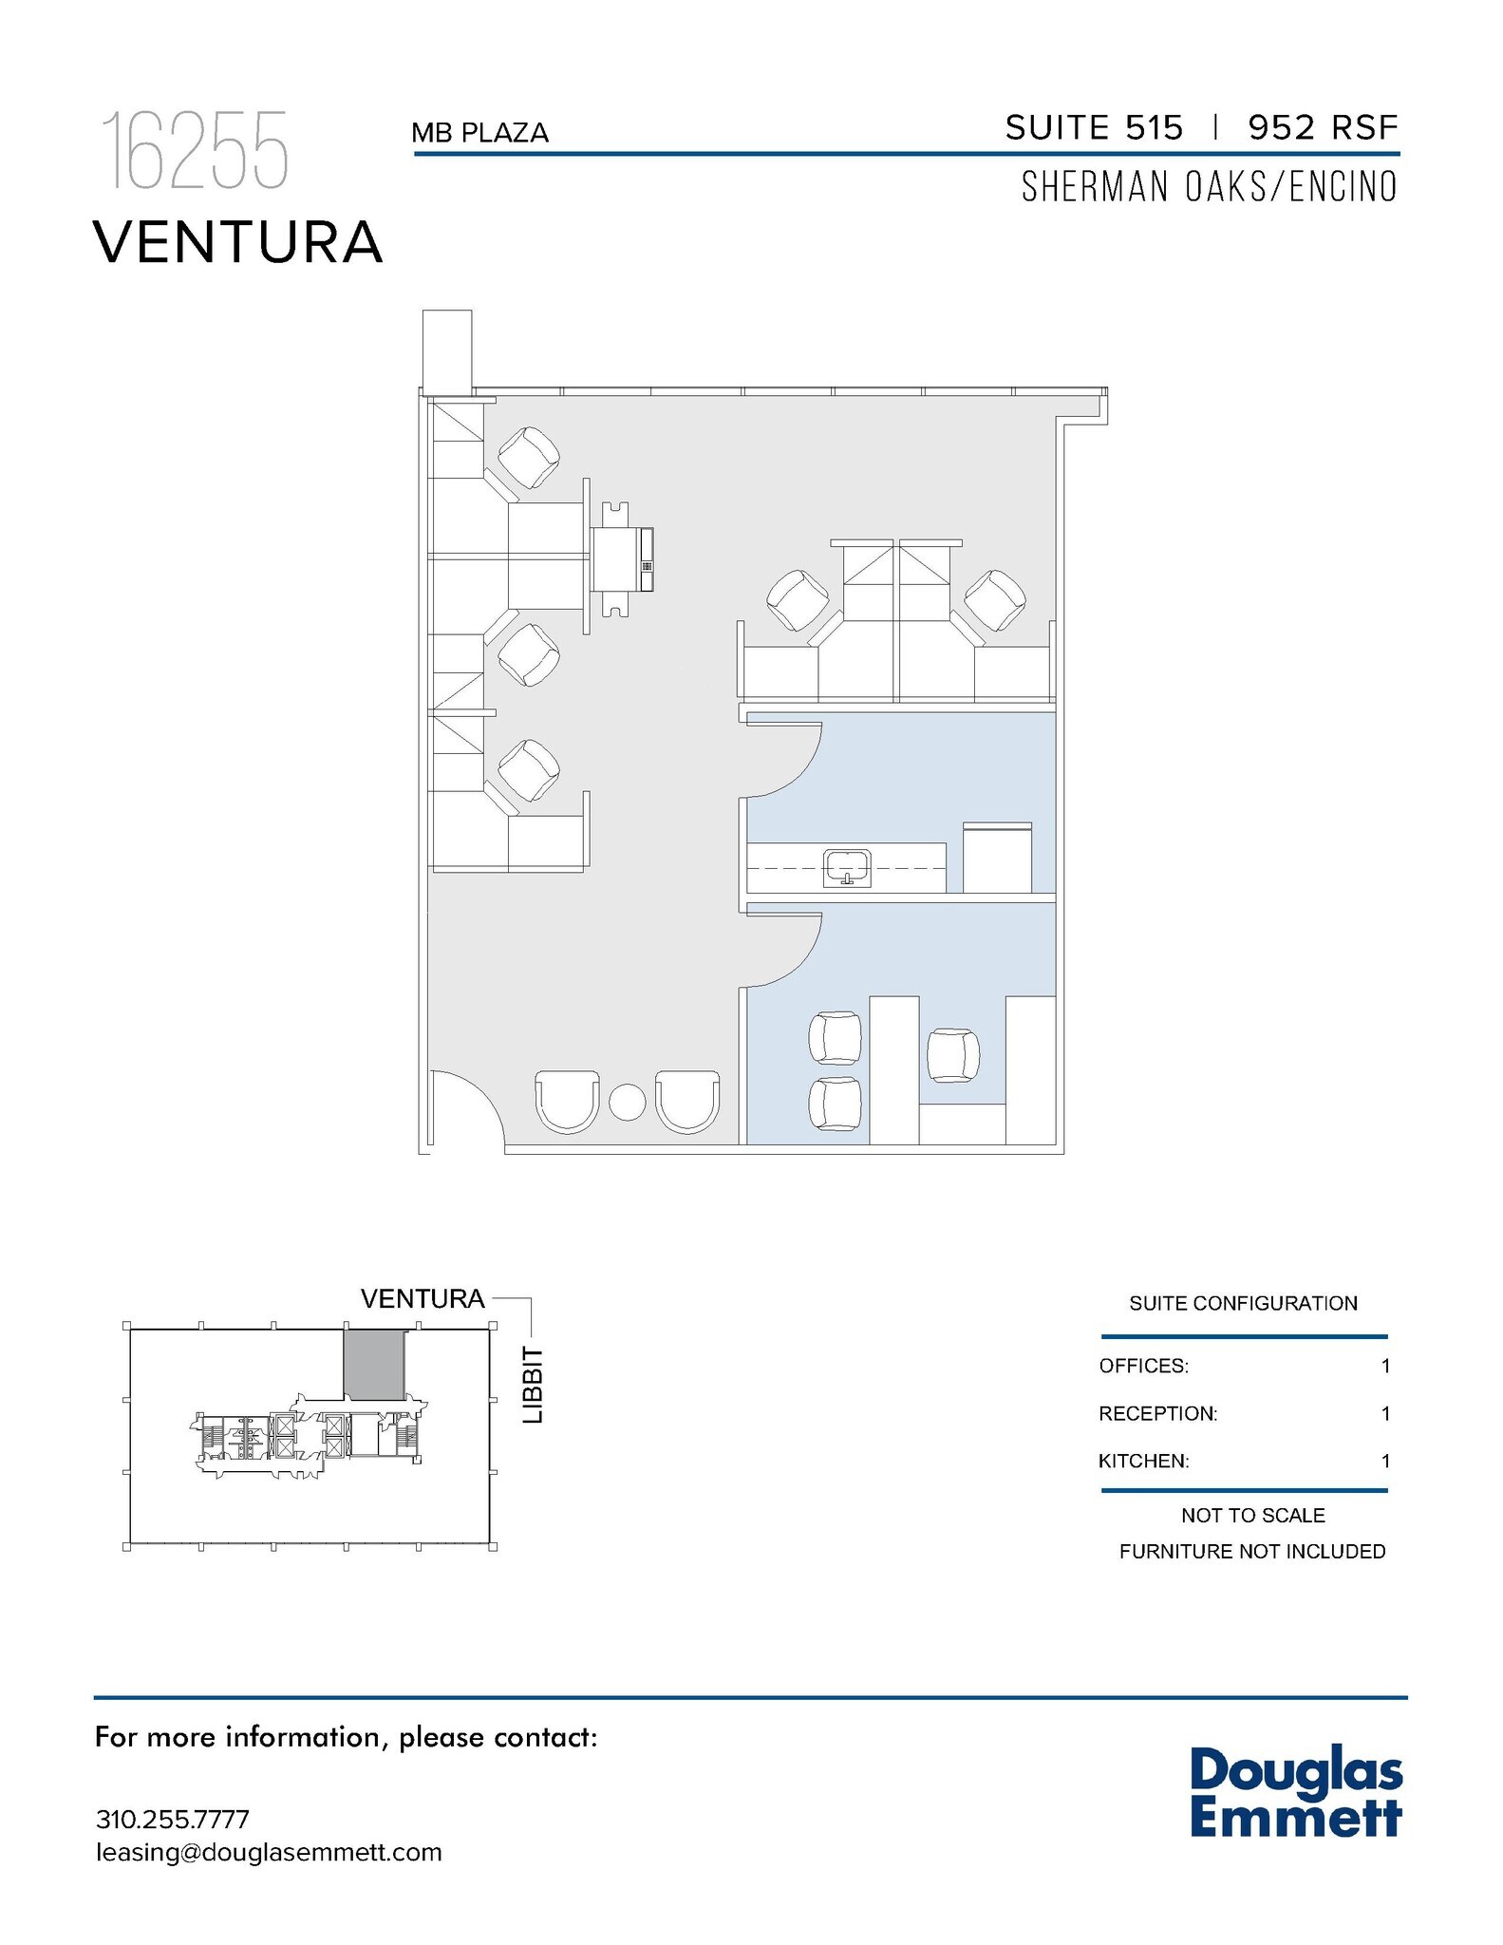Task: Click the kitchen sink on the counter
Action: click(847, 867)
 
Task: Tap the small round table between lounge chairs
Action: click(627, 1102)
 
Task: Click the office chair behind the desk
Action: click(953, 1055)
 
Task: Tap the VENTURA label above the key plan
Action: click(423, 1298)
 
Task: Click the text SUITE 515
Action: click(1094, 127)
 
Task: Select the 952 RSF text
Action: click(1323, 127)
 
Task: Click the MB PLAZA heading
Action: click(479, 133)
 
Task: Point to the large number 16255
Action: click(195, 151)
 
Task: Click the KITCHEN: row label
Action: click(1143, 1461)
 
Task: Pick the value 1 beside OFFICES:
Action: click(1385, 1366)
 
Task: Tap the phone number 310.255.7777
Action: click(173, 1820)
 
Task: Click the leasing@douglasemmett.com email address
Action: click(269, 1852)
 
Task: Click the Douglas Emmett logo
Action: click(1295, 1792)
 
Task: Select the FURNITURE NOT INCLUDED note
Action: click(1251, 1551)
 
